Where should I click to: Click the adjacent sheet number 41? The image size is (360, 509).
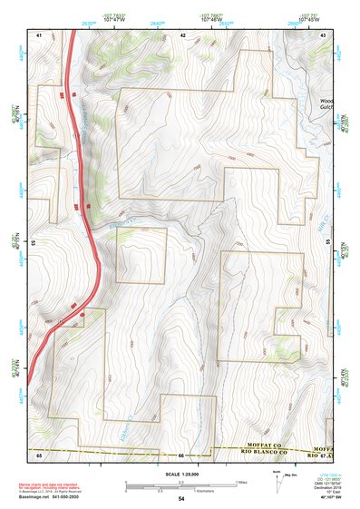[x=39, y=34]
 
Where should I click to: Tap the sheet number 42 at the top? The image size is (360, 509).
[x=183, y=34]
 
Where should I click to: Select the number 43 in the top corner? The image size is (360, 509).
[x=324, y=34]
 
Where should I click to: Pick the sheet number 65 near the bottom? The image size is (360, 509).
[x=39, y=454]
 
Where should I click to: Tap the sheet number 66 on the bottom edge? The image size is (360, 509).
[x=181, y=455]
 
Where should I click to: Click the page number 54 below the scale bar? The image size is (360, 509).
[x=181, y=498]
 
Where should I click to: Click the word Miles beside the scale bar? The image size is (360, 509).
[x=241, y=482]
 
